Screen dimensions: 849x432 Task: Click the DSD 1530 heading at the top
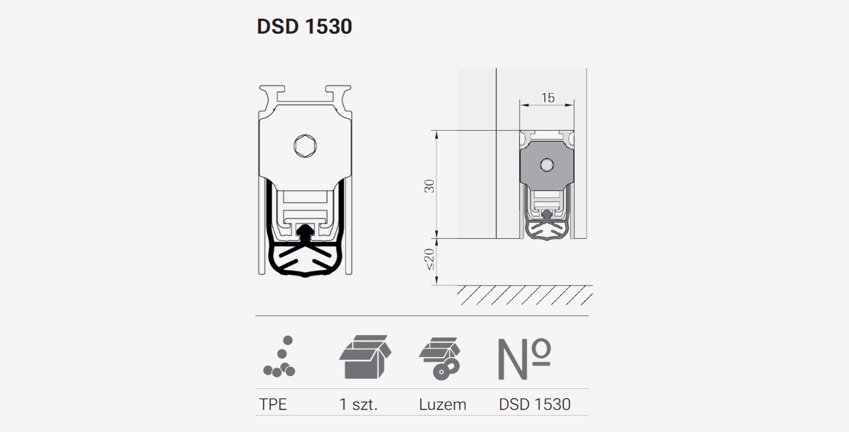[x=304, y=26]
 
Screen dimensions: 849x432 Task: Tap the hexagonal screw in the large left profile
[x=305, y=146]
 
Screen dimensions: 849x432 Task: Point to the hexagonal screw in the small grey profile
[x=546, y=165]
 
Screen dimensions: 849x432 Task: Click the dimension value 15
[x=548, y=98]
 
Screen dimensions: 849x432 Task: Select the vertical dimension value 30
[x=429, y=186]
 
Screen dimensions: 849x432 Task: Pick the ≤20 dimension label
[x=429, y=259]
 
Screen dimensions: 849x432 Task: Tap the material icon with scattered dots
[x=279, y=356]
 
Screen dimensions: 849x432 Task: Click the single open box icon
[x=365, y=356]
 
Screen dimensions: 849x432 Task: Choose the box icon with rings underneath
[x=439, y=358]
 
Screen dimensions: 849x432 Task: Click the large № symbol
[x=524, y=358]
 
